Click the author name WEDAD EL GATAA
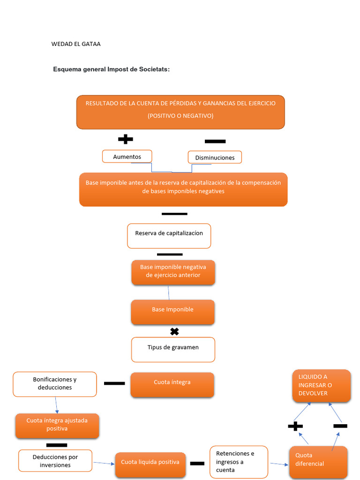[76, 44]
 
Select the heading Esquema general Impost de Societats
[111, 69]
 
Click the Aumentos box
[127, 157]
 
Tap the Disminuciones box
[215, 157]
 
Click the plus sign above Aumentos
[125, 139]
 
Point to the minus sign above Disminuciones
[215, 141]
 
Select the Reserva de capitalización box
[169, 236]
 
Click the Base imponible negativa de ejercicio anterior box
[173, 272]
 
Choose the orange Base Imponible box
[172, 312]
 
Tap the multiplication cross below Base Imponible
[174, 332]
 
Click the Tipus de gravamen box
[173, 349]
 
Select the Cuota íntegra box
[172, 384]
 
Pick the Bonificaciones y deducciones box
[55, 384]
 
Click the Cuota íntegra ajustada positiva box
[57, 425]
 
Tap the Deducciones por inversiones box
[55, 461]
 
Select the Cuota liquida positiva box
[150, 464]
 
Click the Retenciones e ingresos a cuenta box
[239, 461]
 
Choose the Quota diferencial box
[319, 462]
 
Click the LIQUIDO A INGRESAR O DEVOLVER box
[322, 385]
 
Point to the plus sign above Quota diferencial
[295, 426]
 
